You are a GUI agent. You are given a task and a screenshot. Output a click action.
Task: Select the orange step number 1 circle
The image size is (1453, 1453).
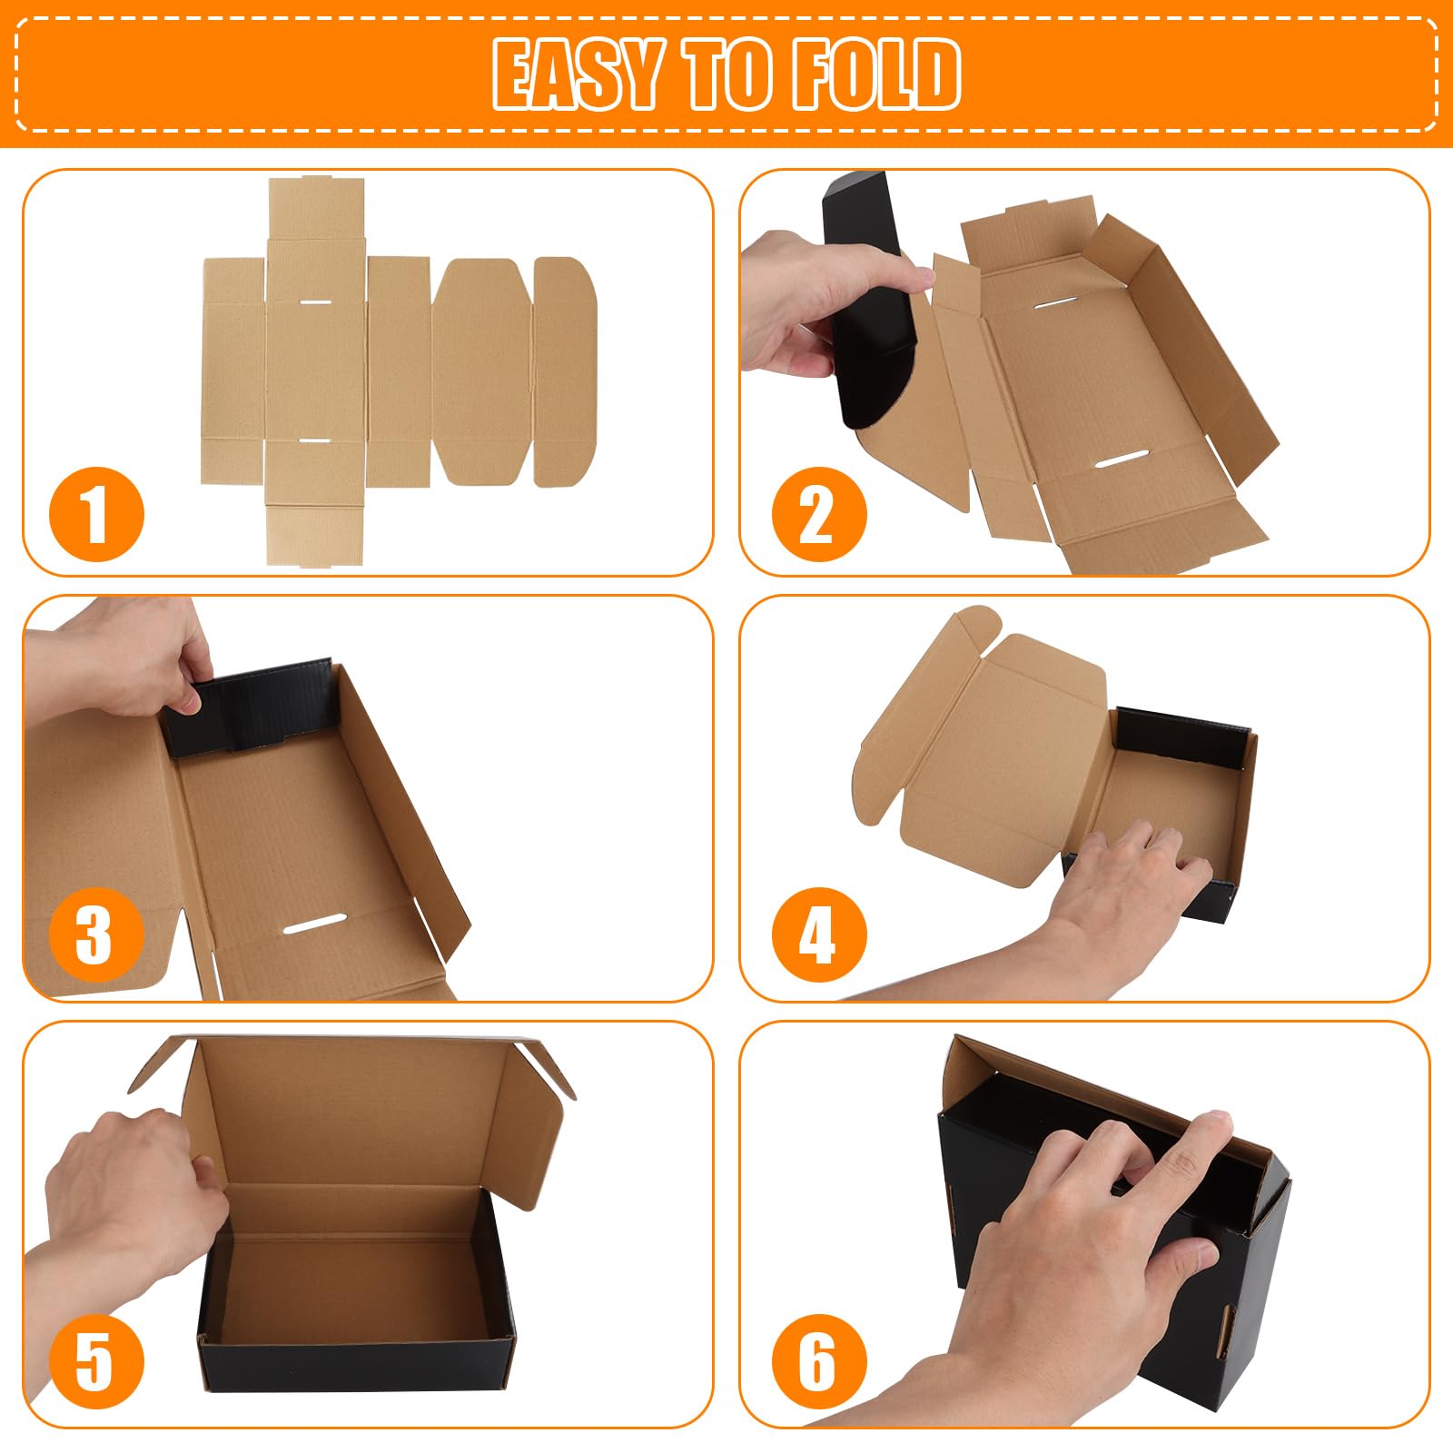tap(96, 514)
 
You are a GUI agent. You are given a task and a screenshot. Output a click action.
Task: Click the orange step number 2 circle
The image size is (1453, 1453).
tap(819, 514)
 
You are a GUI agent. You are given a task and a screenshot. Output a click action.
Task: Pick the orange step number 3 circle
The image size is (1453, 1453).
tap(96, 935)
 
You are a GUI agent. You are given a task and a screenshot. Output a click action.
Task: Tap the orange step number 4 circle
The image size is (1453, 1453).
tap(819, 935)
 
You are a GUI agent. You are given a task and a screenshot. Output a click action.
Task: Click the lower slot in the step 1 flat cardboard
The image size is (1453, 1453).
tap(315, 440)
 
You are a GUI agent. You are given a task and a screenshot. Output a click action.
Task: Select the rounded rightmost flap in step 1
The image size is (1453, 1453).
tap(563, 372)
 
